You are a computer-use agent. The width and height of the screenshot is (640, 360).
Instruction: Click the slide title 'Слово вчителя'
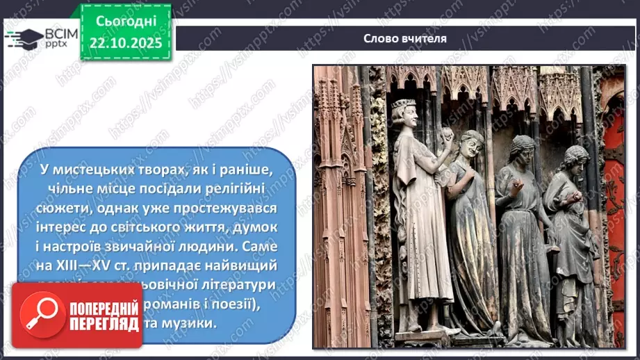coord(404,38)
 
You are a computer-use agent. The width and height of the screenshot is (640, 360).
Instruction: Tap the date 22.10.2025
coord(125,43)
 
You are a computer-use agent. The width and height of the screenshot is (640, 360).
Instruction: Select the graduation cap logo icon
coord(23,38)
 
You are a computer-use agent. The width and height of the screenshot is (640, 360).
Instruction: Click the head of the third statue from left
coord(522,149)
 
